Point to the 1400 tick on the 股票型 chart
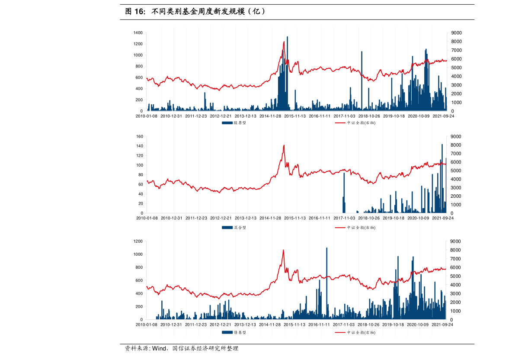pos(138,33)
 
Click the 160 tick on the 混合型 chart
pos(139,137)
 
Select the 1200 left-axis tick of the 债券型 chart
pos(138,241)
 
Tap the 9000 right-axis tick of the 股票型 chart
pos(457,33)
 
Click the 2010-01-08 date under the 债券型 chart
pos(146,325)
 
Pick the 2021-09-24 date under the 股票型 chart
pos(443,116)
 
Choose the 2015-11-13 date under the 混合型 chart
pos(295,218)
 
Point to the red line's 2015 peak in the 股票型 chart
pos(284,42)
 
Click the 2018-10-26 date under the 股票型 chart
pos(369,116)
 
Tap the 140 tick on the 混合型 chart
pos(139,146)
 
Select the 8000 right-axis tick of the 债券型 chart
pos(457,250)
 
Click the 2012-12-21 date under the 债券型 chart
pos(221,325)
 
